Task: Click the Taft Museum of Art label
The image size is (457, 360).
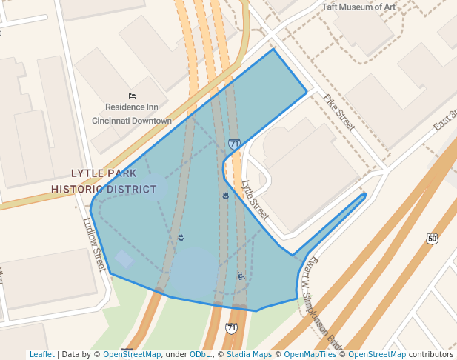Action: (358, 7)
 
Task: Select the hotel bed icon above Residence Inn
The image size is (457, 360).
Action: (132, 96)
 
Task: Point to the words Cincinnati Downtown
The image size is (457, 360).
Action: (131, 121)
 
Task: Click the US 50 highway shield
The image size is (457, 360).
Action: (432, 238)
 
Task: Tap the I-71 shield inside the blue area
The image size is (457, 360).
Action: (234, 143)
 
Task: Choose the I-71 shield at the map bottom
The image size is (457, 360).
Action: (232, 327)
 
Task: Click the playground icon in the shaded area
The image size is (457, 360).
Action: (240, 276)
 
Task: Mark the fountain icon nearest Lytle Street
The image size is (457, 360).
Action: (224, 196)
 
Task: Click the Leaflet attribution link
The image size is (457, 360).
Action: (42, 354)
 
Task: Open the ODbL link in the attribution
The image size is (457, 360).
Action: (199, 354)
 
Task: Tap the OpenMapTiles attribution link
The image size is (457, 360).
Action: (310, 354)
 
